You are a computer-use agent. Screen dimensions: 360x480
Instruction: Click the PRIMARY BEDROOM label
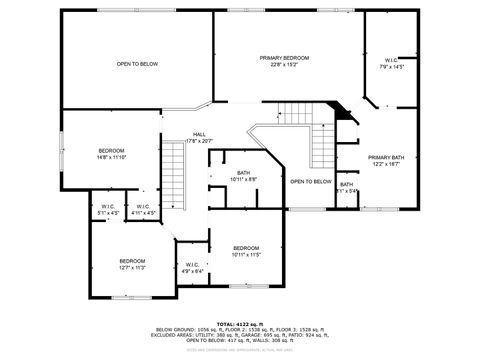tap(284, 59)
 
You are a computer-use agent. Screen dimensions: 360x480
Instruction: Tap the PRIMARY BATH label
tap(385, 157)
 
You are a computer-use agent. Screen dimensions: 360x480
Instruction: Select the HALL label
tap(200, 134)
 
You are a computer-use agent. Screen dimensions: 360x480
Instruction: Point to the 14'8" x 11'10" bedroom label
tap(111, 150)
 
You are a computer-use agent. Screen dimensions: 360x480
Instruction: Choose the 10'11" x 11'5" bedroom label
tap(246, 248)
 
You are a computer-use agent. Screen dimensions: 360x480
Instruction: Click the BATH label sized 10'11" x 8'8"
tap(243, 173)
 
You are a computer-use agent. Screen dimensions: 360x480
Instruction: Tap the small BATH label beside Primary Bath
tap(346, 184)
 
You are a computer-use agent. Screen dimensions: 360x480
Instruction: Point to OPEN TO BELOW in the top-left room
tap(137, 64)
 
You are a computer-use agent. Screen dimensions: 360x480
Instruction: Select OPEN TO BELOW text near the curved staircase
tap(311, 181)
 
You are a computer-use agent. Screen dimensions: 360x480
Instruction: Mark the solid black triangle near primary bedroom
tap(345, 112)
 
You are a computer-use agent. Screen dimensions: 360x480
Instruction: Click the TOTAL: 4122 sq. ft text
tap(240, 324)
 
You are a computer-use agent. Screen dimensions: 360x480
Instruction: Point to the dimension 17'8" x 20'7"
tap(200, 141)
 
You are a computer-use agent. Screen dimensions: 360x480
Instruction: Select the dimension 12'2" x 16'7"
tap(385, 164)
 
